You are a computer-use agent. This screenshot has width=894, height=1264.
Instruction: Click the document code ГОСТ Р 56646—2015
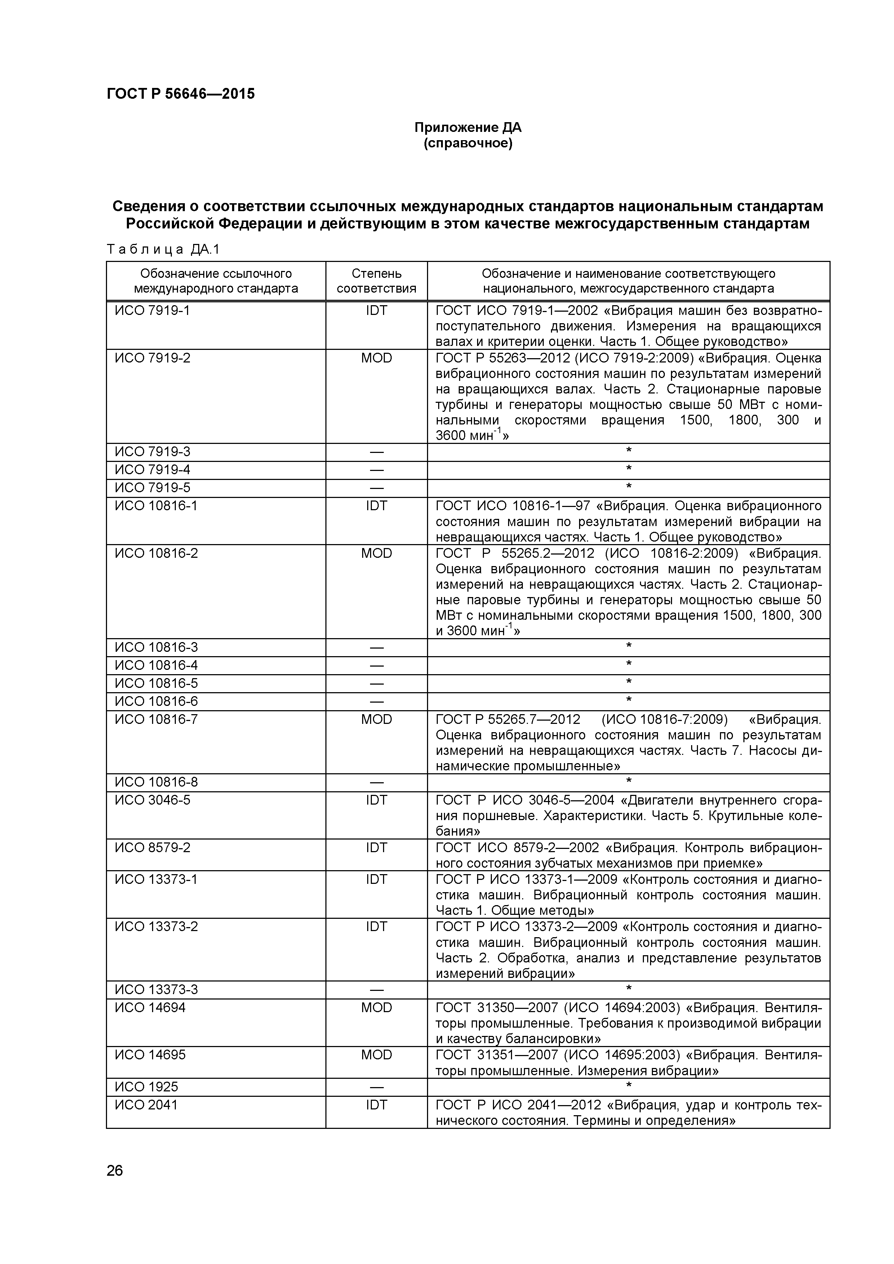click(181, 94)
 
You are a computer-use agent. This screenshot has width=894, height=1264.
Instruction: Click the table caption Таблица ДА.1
click(163, 249)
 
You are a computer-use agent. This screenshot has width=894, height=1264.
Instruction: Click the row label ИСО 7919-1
click(152, 311)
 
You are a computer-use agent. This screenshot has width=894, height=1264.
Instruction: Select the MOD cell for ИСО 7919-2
click(377, 359)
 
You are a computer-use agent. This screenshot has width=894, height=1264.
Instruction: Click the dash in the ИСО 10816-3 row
click(377, 647)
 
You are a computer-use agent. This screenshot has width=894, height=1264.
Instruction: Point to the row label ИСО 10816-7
click(156, 720)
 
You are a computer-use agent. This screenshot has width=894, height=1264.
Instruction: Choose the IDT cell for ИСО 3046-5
click(377, 800)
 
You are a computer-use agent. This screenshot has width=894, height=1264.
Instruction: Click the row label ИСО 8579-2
click(152, 847)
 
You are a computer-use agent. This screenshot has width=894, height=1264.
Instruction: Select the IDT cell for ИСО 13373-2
click(377, 926)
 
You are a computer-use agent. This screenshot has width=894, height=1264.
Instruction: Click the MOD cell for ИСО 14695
click(377, 1055)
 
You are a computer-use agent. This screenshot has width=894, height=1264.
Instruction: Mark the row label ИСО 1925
click(146, 1087)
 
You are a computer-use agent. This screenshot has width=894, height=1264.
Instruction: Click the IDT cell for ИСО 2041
click(377, 1105)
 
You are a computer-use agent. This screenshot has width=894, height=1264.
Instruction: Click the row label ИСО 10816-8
click(156, 782)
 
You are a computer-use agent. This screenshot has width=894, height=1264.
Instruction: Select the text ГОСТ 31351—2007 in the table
click(495, 1055)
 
